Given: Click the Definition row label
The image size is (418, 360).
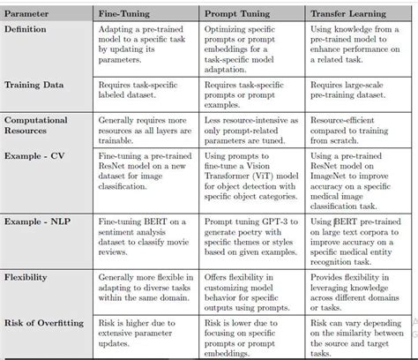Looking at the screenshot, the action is coord(27,30).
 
